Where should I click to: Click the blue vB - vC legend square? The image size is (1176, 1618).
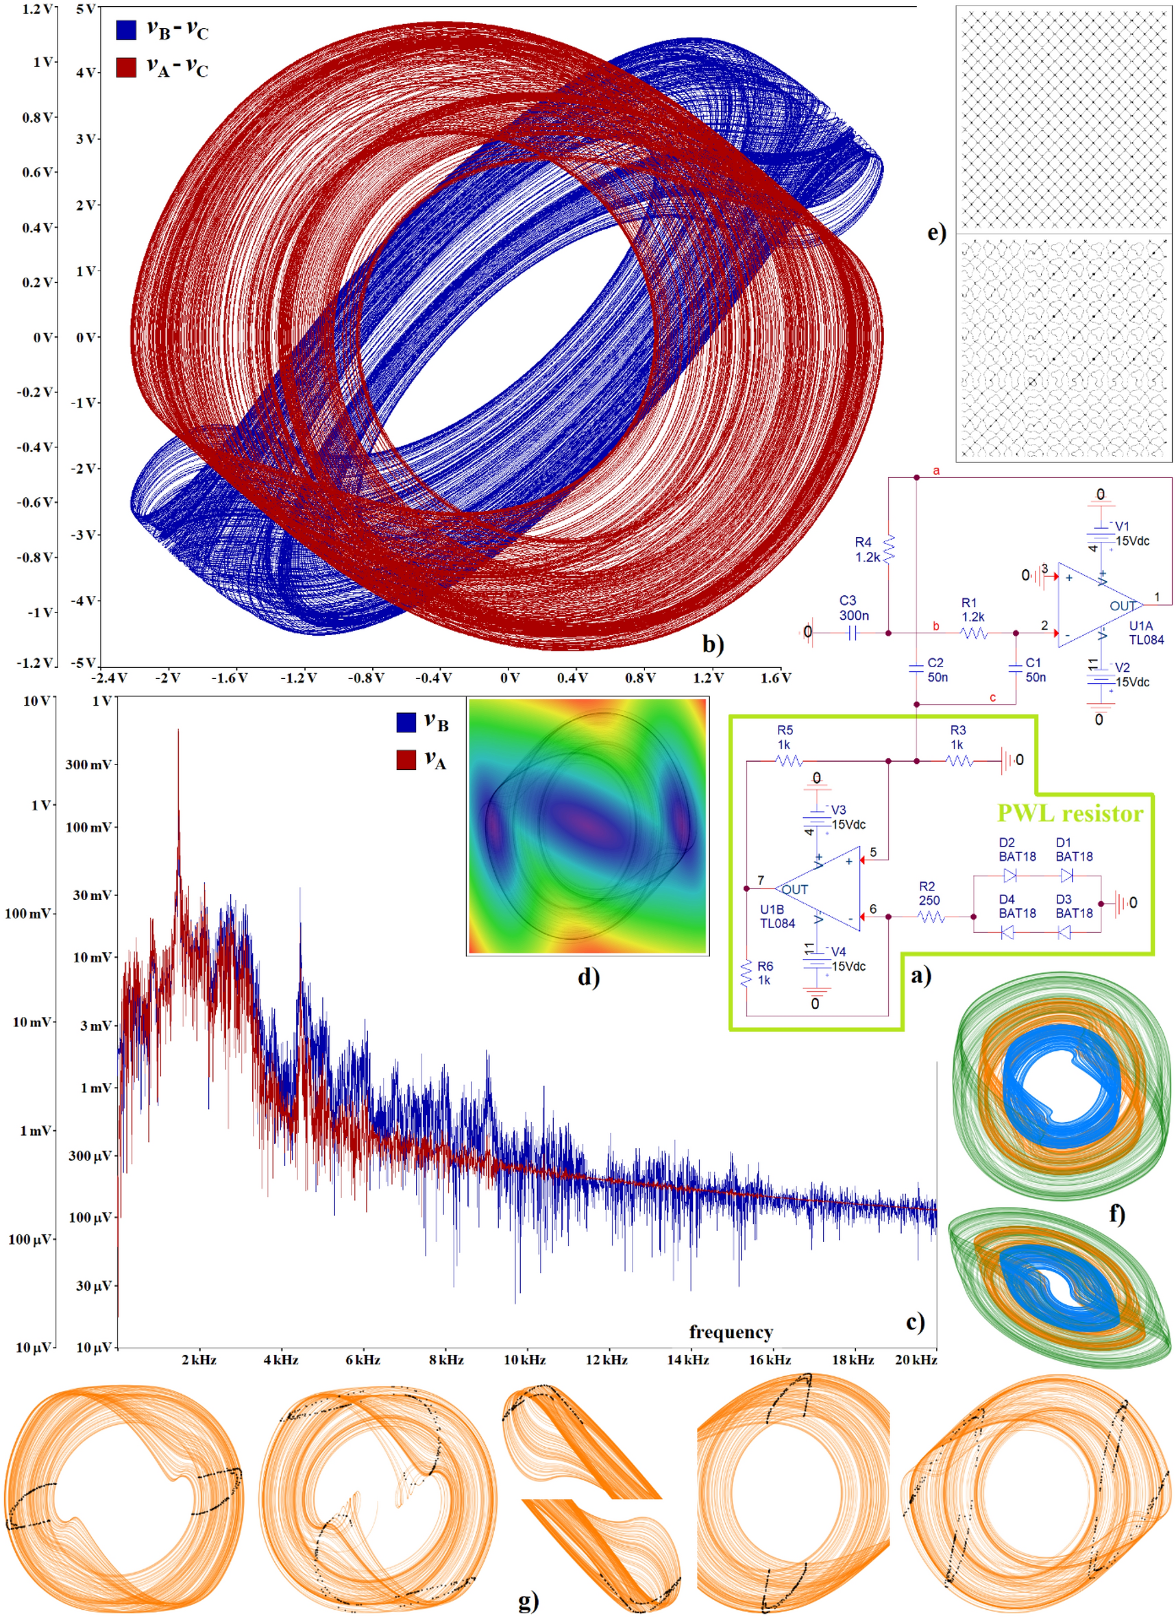pos(125,29)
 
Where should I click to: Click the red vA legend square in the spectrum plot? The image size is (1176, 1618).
pos(406,759)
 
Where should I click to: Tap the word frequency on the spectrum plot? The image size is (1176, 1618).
pos(731,1332)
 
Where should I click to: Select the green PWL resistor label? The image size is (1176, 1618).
pos(1070,813)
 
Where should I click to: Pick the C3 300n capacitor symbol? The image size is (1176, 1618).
pos(852,633)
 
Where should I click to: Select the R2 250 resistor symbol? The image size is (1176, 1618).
pos(931,917)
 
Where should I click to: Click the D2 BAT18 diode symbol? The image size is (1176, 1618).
pos(1009,875)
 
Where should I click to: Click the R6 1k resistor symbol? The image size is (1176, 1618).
pos(746,973)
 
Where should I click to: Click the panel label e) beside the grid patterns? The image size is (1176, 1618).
pos(936,233)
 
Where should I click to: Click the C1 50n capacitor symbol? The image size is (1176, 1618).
pos(1016,669)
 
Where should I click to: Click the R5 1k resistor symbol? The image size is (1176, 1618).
pos(789,761)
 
